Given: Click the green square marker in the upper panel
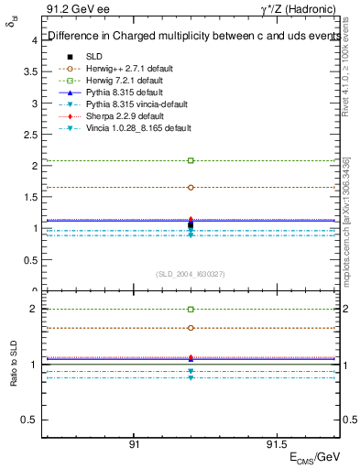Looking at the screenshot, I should click(191, 160).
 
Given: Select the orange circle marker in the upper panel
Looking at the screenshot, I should click(191, 187).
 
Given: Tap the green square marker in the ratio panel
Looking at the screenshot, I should click(191, 310).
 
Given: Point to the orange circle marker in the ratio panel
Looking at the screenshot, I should click(191, 328).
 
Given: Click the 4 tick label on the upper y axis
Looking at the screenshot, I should click(34, 40).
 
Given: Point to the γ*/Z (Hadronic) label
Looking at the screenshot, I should click(300, 8).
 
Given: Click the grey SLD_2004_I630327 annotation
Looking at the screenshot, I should click(191, 274).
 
